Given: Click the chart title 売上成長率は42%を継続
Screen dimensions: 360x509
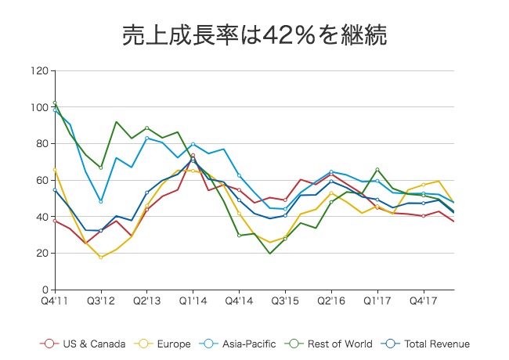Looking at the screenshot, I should [254, 34].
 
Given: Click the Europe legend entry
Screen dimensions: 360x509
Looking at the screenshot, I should [167, 344].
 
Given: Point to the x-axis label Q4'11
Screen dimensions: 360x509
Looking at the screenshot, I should [54, 300].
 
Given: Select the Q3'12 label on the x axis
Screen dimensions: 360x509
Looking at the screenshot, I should [100, 300].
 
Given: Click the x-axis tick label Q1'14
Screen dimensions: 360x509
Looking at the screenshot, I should [193, 300].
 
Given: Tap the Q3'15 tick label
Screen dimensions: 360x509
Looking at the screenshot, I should [285, 300].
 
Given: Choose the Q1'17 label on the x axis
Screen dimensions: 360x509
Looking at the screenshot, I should [377, 300].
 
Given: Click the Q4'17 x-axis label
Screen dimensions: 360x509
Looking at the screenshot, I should [424, 300].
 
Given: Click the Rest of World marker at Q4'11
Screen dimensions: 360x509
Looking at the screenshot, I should [54, 103].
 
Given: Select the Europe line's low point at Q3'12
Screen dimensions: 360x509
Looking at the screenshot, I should [100, 257].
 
